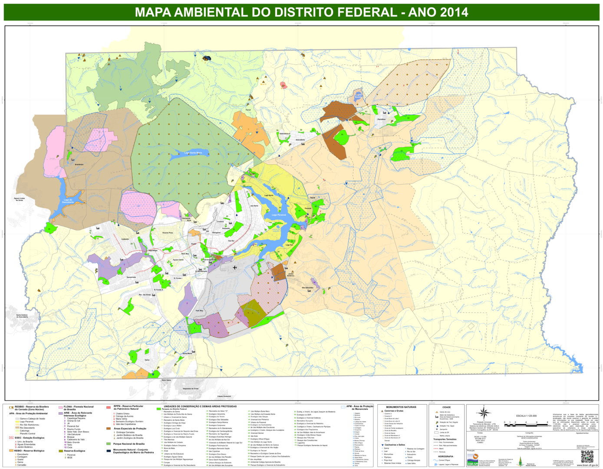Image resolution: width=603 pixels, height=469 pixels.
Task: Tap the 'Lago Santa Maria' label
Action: pyautogui.click(x=193, y=153)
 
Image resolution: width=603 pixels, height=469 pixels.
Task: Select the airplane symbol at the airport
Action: pyautogui.click(x=235, y=268)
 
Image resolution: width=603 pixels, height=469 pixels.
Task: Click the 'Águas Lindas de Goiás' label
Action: pyautogui.click(x=20, y=199)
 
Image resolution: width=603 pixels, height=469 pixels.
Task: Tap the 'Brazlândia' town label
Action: pyautogui.click(x=79, y=165)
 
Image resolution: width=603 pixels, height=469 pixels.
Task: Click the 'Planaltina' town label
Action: pyautogui.click(x=381, y=119)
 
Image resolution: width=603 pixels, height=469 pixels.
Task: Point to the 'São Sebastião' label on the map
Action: pyautogui.click(x=307, y=287)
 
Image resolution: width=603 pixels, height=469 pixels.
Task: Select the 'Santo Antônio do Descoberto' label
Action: pyautogui.click(x=22, y=316)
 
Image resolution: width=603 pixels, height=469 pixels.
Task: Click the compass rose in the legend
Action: pyautogui.click(x=483, y=413)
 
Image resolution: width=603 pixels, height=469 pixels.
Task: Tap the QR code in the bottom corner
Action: pyautogui.click(x=587, y=457)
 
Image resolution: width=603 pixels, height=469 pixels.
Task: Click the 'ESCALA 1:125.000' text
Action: pyautogui.click(x=526, y=416)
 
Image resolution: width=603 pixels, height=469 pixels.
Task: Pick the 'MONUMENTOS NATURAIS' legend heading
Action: pyautogui.click(x=401, y=407)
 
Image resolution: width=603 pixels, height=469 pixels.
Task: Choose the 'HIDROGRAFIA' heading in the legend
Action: pyautogui.click(x=445, y=456)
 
